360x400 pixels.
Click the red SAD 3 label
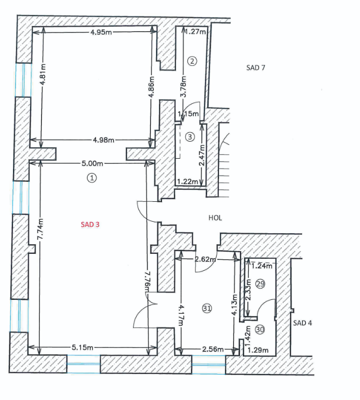(90, 225)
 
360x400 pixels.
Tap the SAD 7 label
(255, 68)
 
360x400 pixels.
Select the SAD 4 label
(302, 323)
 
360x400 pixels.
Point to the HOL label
(215, 218)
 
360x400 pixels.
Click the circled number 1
(91, 178)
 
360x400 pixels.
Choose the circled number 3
(189, 136)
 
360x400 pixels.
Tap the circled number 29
(259, 283)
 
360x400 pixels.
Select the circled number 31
(207, 308)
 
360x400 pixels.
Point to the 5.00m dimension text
(93, 164)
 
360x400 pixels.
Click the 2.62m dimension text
(205, 259)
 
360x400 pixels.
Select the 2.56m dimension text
(211, 349)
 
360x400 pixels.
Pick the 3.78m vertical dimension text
(184, 86)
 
